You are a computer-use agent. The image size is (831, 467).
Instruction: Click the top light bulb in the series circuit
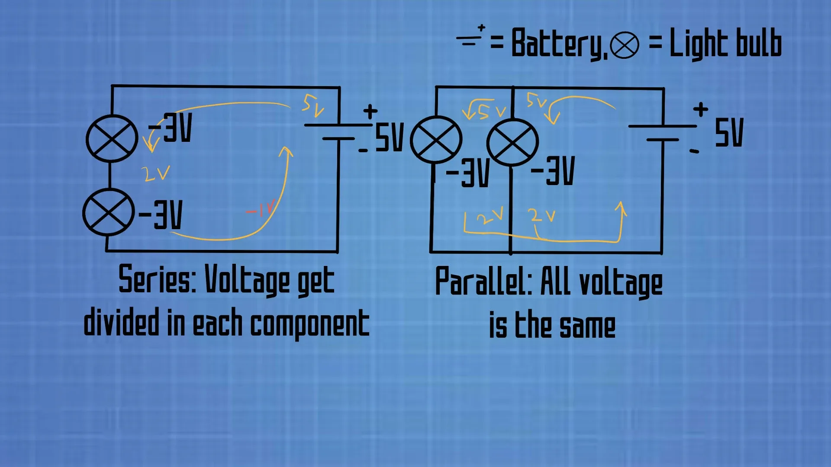[112, 138]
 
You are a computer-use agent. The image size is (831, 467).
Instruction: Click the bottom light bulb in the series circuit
[108, 212]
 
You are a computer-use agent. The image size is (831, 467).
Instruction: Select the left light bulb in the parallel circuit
[436, 140]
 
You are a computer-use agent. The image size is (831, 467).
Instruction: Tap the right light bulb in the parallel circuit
[512, 142]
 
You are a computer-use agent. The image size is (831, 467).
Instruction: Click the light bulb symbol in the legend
[624, 45]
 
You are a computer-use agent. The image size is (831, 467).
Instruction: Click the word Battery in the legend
[558, 43]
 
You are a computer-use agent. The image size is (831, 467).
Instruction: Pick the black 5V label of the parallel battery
[729, 132]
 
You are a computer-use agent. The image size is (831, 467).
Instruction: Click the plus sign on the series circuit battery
[370, 111]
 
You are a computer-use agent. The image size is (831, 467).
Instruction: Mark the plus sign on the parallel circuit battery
[700, 109]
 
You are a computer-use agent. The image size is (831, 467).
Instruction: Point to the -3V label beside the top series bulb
[171, 128]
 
